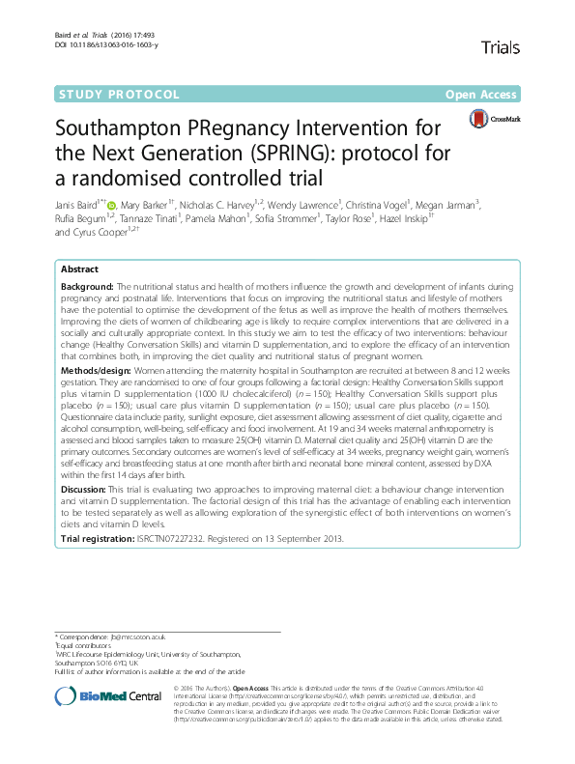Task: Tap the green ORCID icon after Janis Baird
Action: [112, 205]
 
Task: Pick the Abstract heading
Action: [79, 269]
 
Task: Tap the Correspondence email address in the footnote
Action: [139, 637]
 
